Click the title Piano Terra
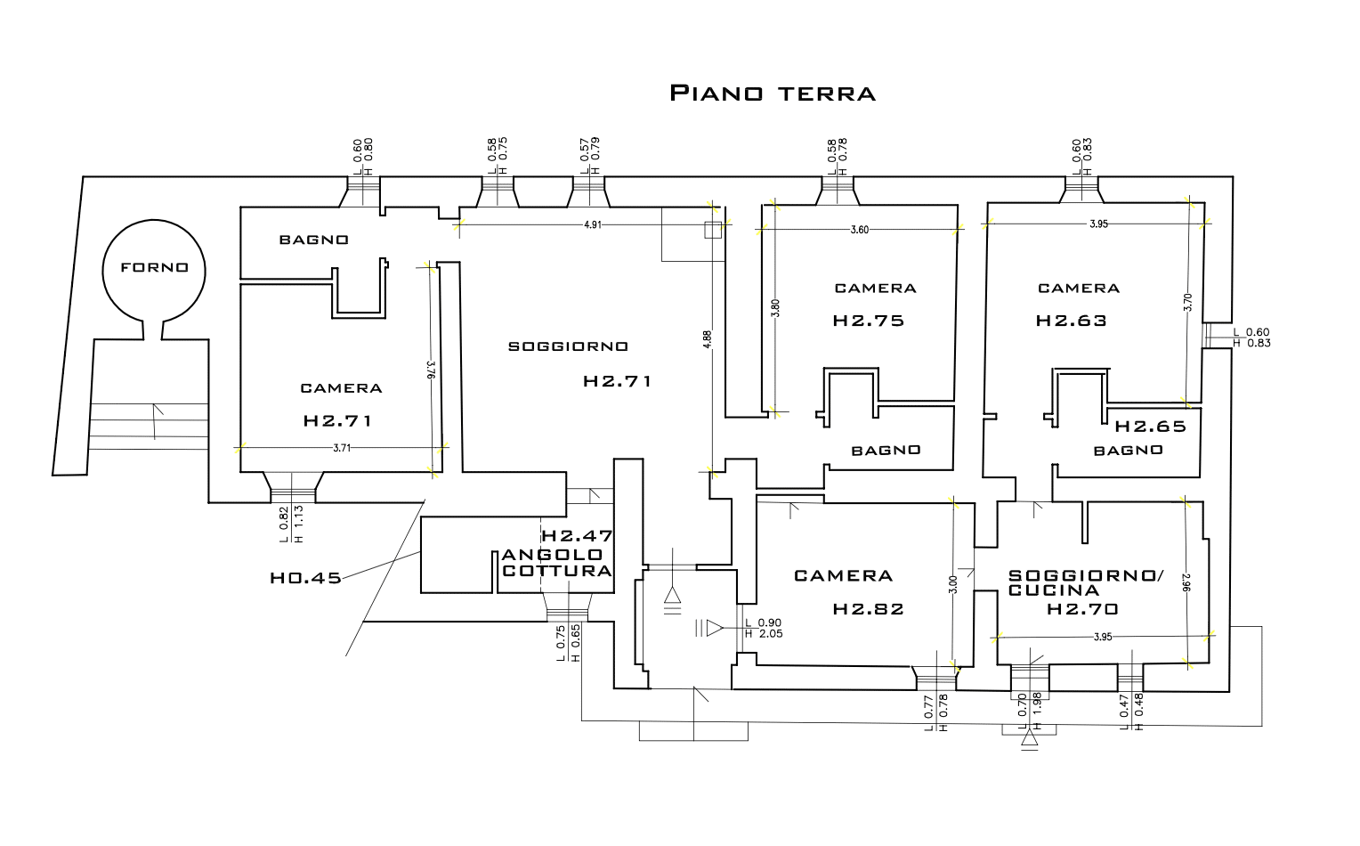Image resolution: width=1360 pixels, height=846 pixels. pyautogui.click(x=773, y=93)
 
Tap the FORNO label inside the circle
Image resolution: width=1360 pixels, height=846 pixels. pyautogui.click(x=154, y=268)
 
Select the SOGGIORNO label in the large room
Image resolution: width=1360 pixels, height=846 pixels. pyautogui.click(x=568, y=346)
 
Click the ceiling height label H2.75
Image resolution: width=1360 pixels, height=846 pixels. pyautogui.click(x=868, y=320)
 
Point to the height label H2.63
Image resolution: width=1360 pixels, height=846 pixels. pyautogui.click(x=1071, y=320)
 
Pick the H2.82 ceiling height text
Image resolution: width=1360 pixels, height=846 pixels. pyautogui.click(x=868, y=608)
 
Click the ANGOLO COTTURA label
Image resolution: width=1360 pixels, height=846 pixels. pyautogui.click(x=556, y=563)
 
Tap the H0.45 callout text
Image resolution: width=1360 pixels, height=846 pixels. pyautogui.click(x=305, y=578)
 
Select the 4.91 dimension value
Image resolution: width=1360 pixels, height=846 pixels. pyautogui.click(x=593, y=224)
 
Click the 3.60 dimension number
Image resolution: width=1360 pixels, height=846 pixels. pyautogui.click(x=860, y=230)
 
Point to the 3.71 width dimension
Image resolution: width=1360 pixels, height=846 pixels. pyautogui.click(x=342, y=448)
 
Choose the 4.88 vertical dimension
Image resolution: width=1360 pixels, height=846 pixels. pyautogui.click(x=707, y=339)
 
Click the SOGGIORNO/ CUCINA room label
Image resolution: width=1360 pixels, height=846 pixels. pyautogui.click(x=1086, y=582)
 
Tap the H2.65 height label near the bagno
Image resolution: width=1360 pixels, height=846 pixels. pyautogui.click(x=1151, y=427)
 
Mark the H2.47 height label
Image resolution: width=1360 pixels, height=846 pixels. pyautogui.click(x=577, y=536)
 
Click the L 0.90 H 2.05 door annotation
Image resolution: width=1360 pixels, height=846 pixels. pyautogui.click(x=763, y=628)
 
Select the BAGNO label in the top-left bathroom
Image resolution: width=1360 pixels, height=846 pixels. pyautogui.click(x=314, y=240)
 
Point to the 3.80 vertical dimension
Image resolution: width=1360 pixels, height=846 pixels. pyautogui.click(x=775, y=308)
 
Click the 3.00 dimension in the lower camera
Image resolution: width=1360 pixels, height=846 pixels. pyautogui.click(x=952, y=584)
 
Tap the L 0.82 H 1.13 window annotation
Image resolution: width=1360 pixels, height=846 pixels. pyautogui.click(x=291, y=525)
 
